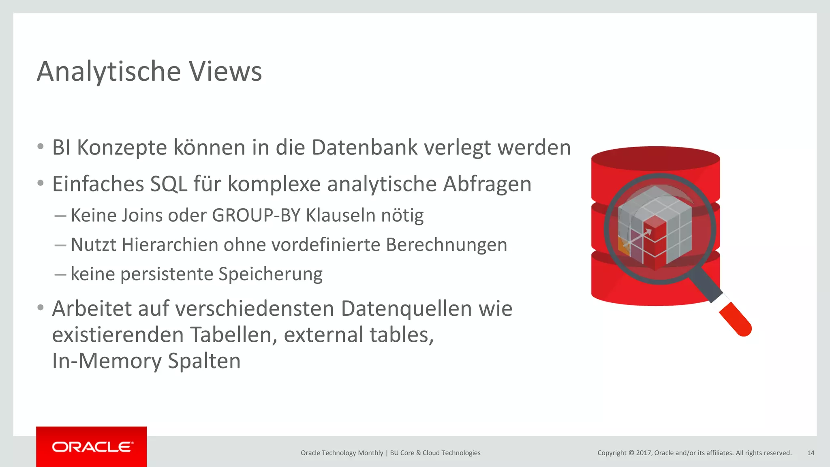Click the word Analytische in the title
tap(109, 71)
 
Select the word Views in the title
tap(226, 71)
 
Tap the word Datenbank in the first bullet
tap(364, 147)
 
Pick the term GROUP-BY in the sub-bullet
tap(256, 215)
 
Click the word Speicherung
tap(270, 274)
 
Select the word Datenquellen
tap(406, 308)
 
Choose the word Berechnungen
tap(446, 245)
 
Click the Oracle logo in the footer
tap(92, 447)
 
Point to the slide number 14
tap(810, 453)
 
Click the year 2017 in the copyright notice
tap(644, 453)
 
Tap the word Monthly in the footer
tap(370, 453)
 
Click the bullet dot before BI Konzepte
tap(40, 147)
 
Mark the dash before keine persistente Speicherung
tap(60, 274)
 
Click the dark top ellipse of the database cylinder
tap(655, 158)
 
